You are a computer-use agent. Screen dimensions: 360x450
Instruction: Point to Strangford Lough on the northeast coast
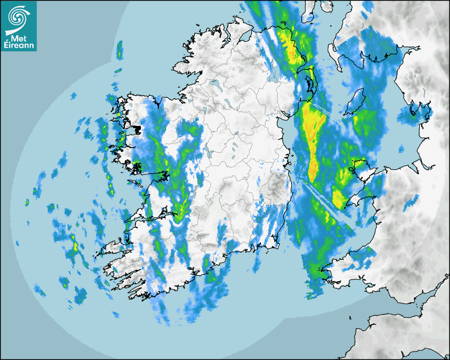coord(310,85)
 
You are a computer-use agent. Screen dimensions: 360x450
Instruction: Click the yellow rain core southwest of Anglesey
coord(338,199)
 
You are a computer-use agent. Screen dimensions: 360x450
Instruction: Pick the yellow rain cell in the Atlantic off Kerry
coord(75,246)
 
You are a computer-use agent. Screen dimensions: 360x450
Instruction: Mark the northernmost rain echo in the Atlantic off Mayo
coord(120,50)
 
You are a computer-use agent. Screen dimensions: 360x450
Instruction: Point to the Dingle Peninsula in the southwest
coord(114,247)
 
